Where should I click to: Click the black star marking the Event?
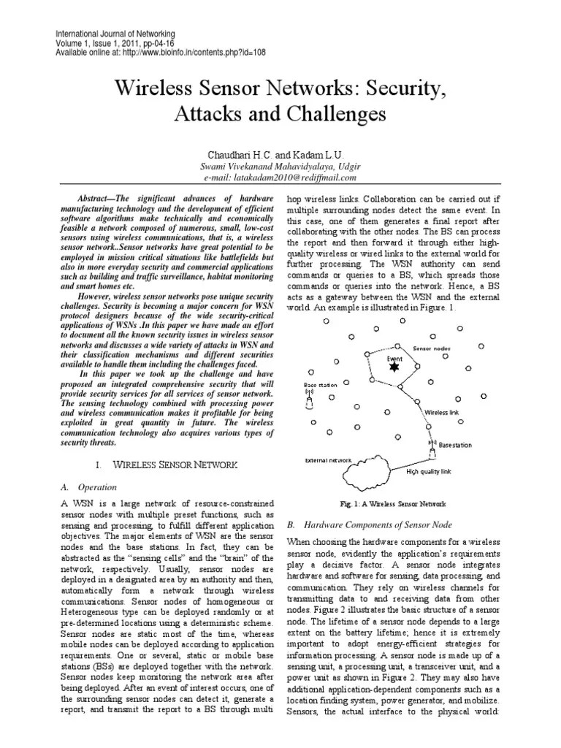[394, 367]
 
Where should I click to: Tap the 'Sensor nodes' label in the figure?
[433, 350]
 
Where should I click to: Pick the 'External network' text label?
[328, 461]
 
